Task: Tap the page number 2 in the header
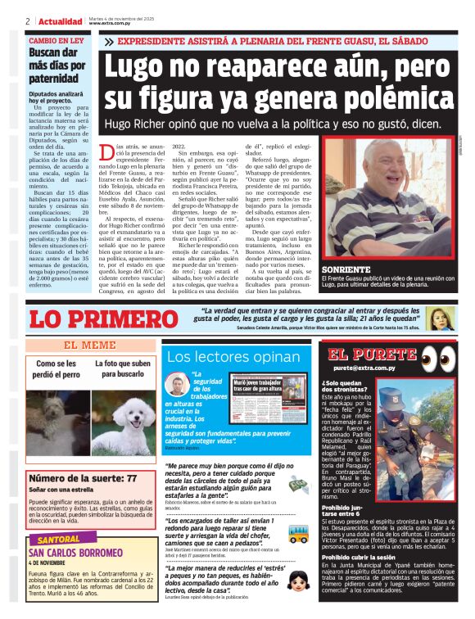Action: (28, 21)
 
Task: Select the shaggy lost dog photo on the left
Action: (56, 420)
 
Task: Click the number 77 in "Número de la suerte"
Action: (131, 479)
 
